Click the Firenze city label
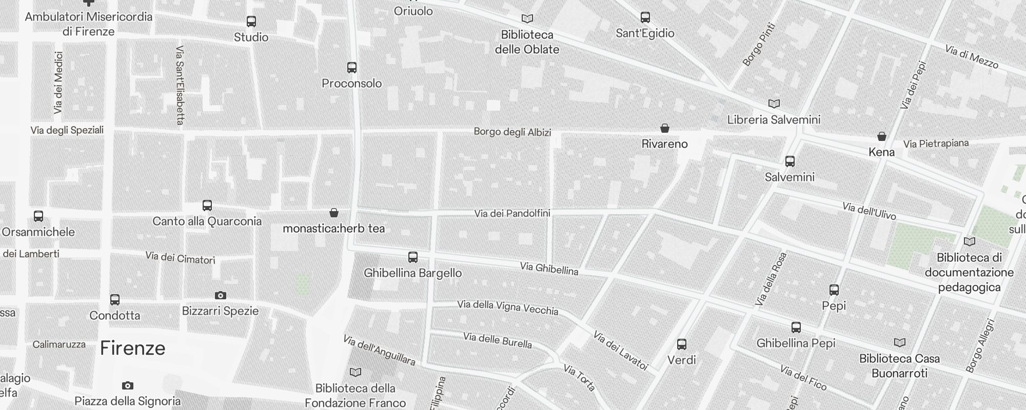point(132,348)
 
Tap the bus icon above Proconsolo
point(352,68)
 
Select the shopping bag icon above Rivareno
point(665,128)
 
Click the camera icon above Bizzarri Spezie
point(221,295)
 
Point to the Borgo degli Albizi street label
point(512,132)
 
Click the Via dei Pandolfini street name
point(512,213)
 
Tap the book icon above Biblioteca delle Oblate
point(527,19)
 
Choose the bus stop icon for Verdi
point(682,344)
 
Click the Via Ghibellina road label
point(549,269)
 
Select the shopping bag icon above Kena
point(882,136)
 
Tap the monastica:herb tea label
point(333,229)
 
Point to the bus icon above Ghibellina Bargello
point(413,257)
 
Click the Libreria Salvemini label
point(774,120)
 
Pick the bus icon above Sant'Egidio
point(645,17)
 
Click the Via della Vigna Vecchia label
point(507,307)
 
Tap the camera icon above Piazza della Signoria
point(128,385)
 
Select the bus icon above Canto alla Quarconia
point(207,206)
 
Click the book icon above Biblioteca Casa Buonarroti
point(900,342)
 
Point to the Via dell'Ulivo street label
point(869,211)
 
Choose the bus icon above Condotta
point(115,299)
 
